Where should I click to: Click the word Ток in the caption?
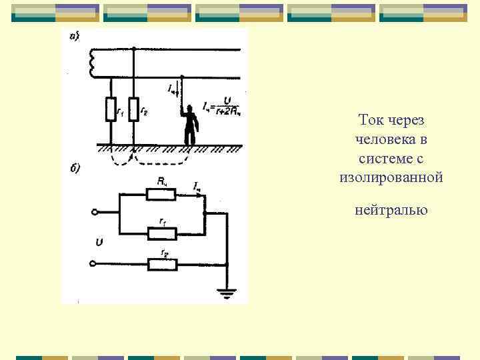tap(370, 120)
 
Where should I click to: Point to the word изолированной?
tap(391, 178)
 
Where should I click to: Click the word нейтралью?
tap(391, 211)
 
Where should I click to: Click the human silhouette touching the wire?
tap(191, 125)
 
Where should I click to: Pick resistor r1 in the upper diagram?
tap(111, 109)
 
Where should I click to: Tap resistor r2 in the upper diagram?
tap(134, 109)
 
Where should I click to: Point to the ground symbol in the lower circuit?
tap(228, 292)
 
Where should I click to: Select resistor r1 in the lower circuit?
tap(162, 233)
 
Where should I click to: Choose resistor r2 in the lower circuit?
tap(162, 265)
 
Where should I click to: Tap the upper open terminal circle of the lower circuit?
tap(95, 213)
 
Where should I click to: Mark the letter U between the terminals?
tap(99, 242)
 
